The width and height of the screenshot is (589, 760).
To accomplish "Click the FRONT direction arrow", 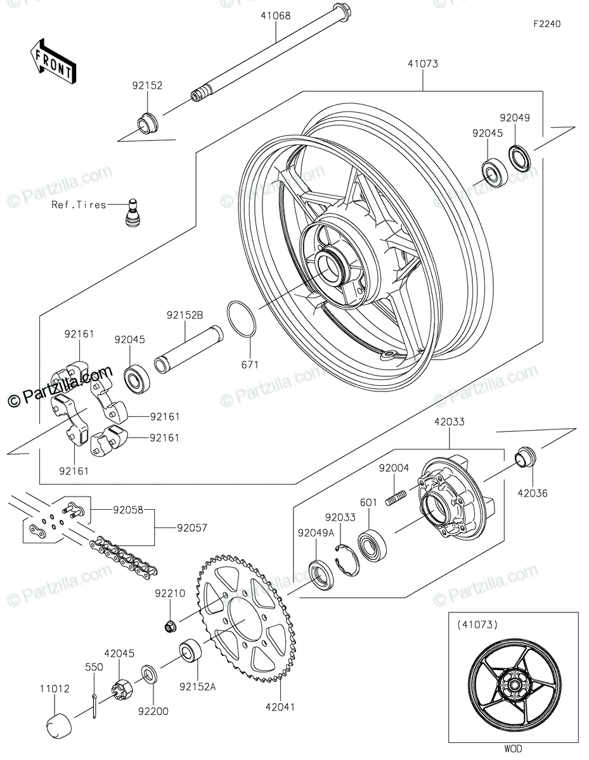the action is pyautogui.click(x=53, y=61).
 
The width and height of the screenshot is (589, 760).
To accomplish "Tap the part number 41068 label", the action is pyautogui.click(x=275, y=16).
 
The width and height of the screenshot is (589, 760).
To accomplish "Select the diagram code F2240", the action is pyautogui.click(x=547, y=24).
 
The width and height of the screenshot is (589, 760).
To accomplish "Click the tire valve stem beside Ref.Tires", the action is pyautogui.click(x=132, y=213).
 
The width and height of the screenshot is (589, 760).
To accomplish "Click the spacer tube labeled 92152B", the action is pyautogui.click(x=188, y=350).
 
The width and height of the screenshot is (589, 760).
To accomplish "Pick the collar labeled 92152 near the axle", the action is pyautogui.click(x=147, y=123).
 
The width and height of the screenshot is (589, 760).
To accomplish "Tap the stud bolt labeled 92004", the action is pyautogui.click(x=396, y=498).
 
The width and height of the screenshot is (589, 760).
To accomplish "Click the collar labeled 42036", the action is pyautogui.click(x=525, y=457).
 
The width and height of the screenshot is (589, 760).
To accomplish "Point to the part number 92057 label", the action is pyautogui.click(x=191, y=528).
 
